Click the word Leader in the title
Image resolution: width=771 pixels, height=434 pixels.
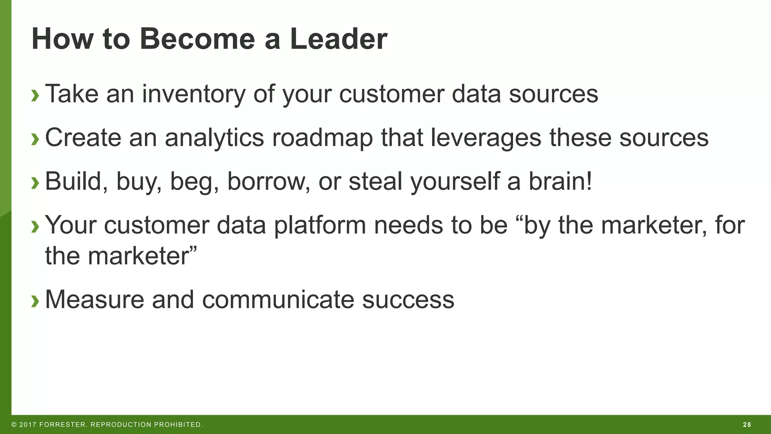coord(338,39)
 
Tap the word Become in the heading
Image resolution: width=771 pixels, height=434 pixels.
coord(197,39)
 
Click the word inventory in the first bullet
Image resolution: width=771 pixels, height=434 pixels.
coord(194,94)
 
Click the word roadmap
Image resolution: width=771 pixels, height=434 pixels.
coord(322,138)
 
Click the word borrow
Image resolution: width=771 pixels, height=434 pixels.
coord(269,181)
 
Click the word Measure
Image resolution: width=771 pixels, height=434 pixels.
coord(94,300)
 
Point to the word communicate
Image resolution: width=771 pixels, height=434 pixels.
coord(278,300)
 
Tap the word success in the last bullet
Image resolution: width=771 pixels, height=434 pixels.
coord(408,300)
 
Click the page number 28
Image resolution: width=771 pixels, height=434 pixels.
coord(747,425)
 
